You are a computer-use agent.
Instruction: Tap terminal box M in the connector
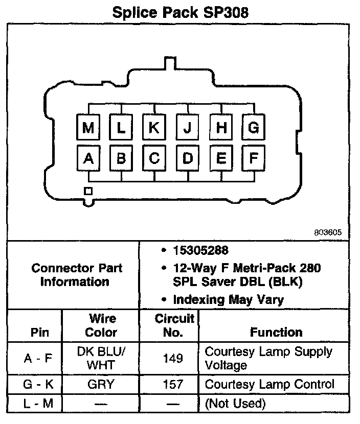[x=88, y=127]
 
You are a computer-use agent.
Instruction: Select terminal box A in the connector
[x=88, y=159]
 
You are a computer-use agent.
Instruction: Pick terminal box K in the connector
[x=154, y=127]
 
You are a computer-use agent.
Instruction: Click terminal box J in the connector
[x=187, y=127]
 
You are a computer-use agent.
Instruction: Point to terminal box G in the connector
[x=253, y=127]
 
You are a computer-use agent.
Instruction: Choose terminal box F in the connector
[x=253, y=159]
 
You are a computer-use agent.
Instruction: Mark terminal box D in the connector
[x=187, y=159]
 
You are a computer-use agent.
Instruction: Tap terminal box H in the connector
[x=220, y=127]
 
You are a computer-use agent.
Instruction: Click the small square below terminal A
[x=88, y=191]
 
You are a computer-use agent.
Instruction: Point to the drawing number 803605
[x=328, y=232]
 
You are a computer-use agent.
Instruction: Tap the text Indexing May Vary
[x=228, y=299]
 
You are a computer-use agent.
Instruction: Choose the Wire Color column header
[x=101, y=325]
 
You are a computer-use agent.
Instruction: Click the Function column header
[x=276, y=332]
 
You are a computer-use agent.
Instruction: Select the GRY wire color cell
[x=101, y=384]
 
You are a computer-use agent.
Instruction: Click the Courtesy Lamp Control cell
[x=269, y=384]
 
